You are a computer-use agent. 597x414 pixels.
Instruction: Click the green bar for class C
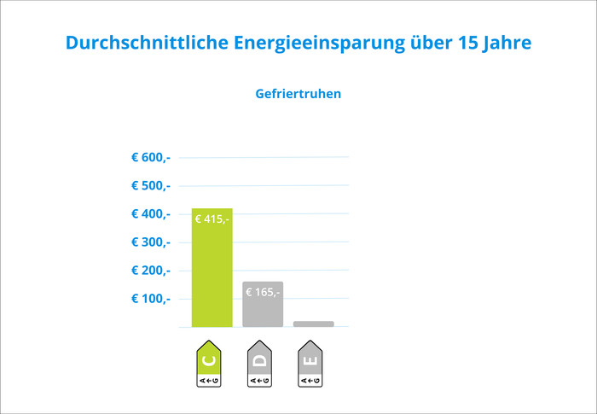pyautogui.click(x=212, y=273)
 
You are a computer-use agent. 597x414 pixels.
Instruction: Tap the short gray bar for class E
pyautogui.click(x=313, y=324)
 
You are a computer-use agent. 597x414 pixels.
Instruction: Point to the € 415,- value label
pyautogui.click(x=212, y=219)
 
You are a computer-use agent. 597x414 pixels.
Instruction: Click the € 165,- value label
pyautogui.click(x=262, y=292)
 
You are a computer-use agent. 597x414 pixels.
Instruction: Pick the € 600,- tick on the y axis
pyautogui.click(x=151, y=157)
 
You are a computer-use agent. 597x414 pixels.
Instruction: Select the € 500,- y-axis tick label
pyautogui.click(x=151, y=185)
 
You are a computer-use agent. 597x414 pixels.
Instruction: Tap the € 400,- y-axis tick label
pyautogui.click(x=151, y=213)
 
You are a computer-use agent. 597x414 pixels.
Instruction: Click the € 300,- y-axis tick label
pyautogui.click(x=151, y=242)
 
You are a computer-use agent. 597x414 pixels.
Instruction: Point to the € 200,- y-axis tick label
pyautogui.click(x=151, y=270)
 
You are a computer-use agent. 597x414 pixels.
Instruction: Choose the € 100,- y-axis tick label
pyautogui.click(x=151, y=298)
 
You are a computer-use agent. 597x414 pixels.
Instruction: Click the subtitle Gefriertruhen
pyautogui.click(x=298, y=94)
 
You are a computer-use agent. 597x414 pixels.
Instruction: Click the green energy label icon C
pyautogui.click(x=209, y=364)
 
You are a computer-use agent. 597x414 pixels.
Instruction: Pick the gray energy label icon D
pyautogui.click(x=260, y=364)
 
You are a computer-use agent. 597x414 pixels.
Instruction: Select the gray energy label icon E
pyautogui.click(x=310, y=364)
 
